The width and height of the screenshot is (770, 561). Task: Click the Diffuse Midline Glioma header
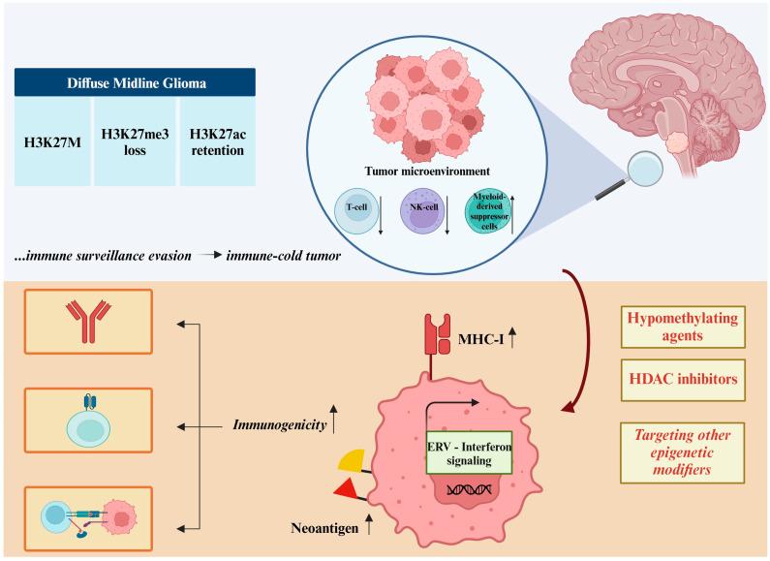pos(137,82)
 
